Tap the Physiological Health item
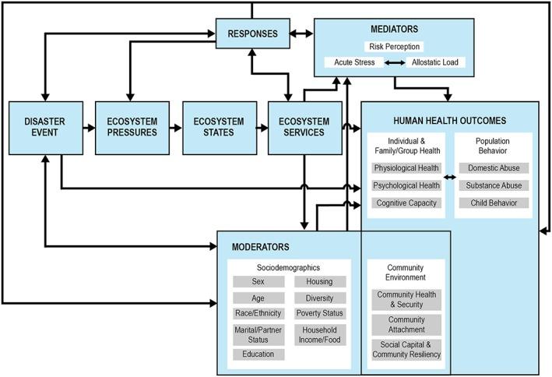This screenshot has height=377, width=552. tap(406, 167)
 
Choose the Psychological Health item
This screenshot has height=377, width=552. tap(406, 185)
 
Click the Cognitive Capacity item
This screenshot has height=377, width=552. tap(406, 203)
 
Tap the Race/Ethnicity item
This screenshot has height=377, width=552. tap(258, 312)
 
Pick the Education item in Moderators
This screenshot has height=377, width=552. tap(258, 354)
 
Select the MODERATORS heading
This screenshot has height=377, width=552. tap(261, 247)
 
